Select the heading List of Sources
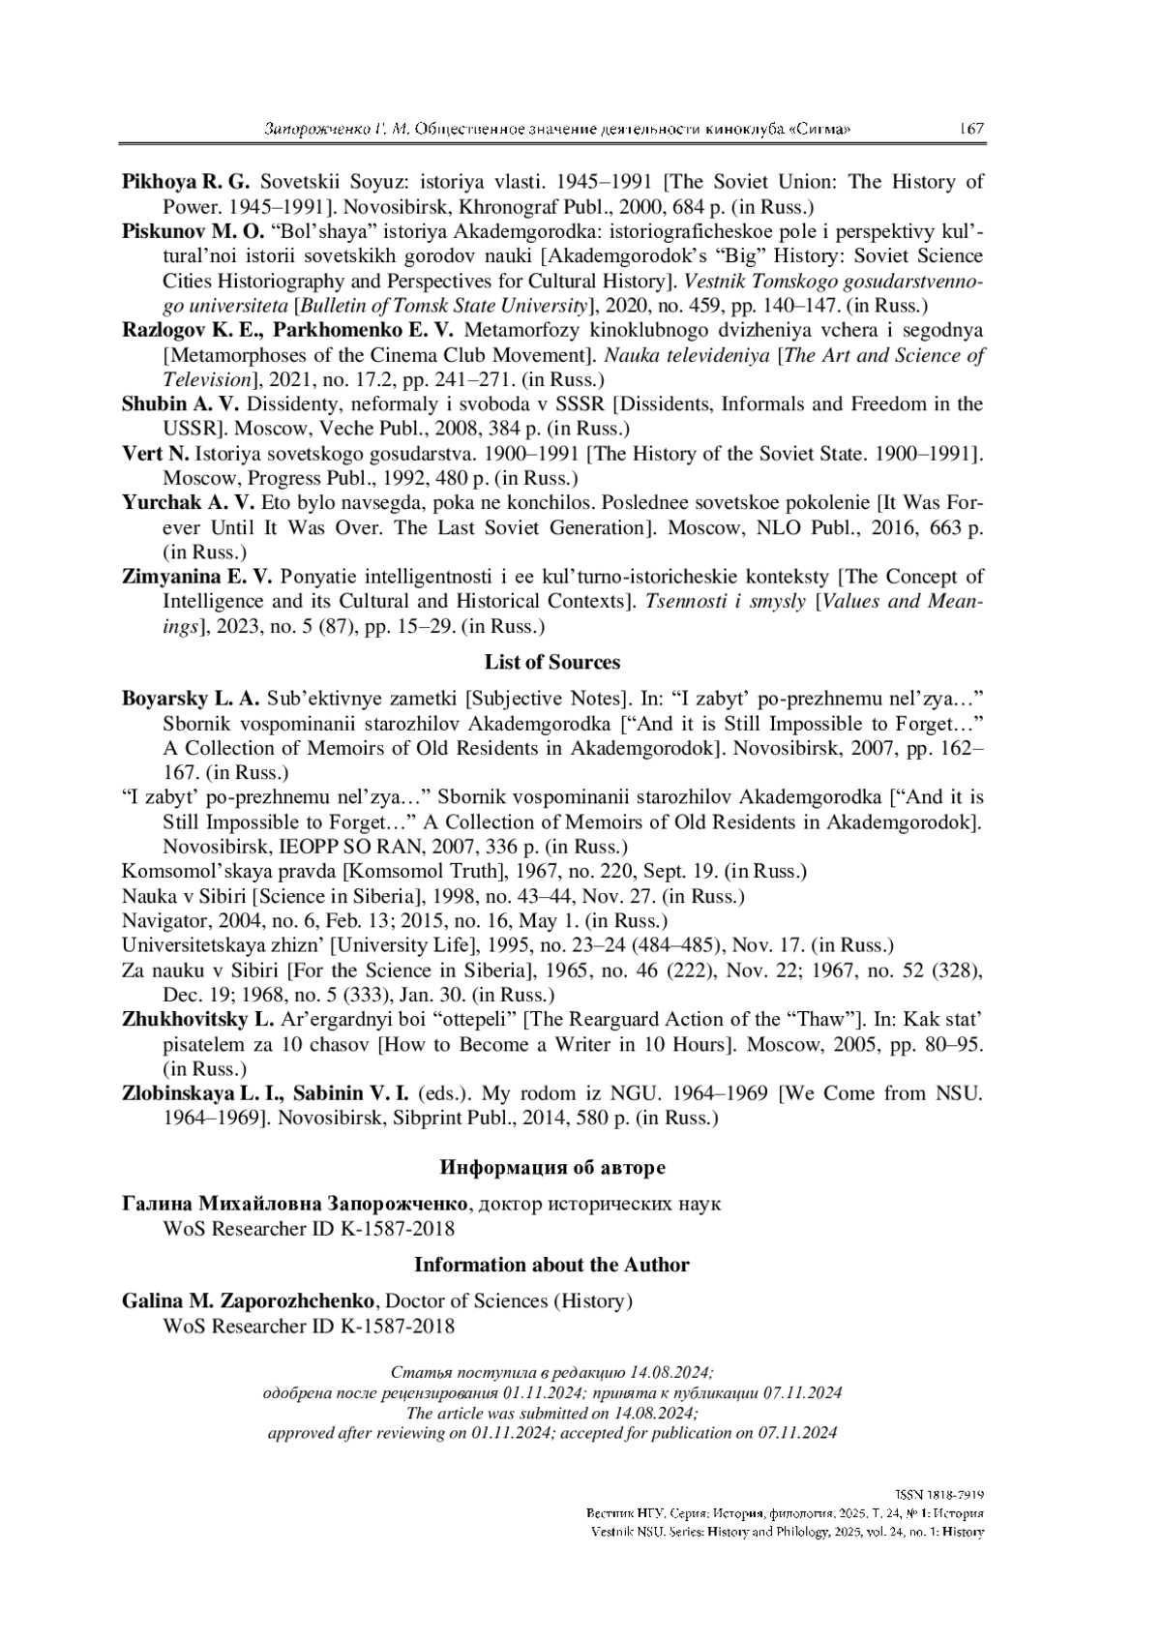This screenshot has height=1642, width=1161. [551, 663]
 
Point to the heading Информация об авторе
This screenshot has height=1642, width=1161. [552, 1168]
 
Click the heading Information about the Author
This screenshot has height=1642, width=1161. [551, 1266]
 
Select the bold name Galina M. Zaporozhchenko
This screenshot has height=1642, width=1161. [253, 1301]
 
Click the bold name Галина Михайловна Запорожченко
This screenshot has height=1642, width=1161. [295, 1204]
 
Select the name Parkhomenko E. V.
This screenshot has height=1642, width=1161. [357, 330]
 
